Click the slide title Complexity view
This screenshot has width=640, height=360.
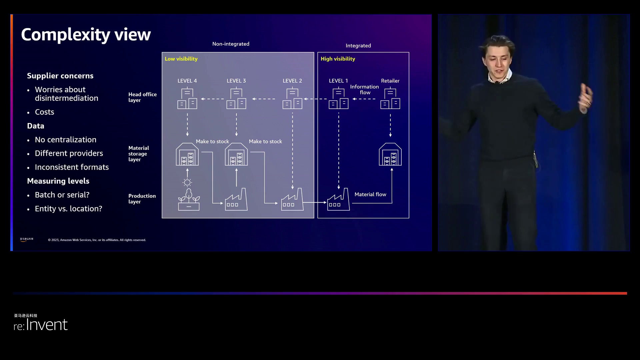(86, 35)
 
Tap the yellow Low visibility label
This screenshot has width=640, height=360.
(181, 59)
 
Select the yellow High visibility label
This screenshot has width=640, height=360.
(338, 59)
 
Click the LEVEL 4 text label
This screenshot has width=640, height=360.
(187, 81)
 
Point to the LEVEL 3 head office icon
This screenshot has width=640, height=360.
(236, 99)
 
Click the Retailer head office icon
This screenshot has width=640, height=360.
(390, 99)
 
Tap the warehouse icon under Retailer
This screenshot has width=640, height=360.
(390, 154)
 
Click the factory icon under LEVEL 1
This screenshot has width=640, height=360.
(338, 200)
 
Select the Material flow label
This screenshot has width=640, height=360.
(370, 195)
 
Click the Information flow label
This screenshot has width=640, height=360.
(364, 90)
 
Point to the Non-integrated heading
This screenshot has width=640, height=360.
(231, 44)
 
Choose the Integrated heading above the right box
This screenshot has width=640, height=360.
(358, 46)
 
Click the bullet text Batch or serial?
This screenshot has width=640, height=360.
(62, 195)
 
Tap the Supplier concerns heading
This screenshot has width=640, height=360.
(60, 76)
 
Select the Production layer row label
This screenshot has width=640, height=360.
(142, 199)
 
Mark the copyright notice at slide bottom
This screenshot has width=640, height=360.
(97, 240)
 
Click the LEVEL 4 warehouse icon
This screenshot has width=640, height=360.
(187, 154)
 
